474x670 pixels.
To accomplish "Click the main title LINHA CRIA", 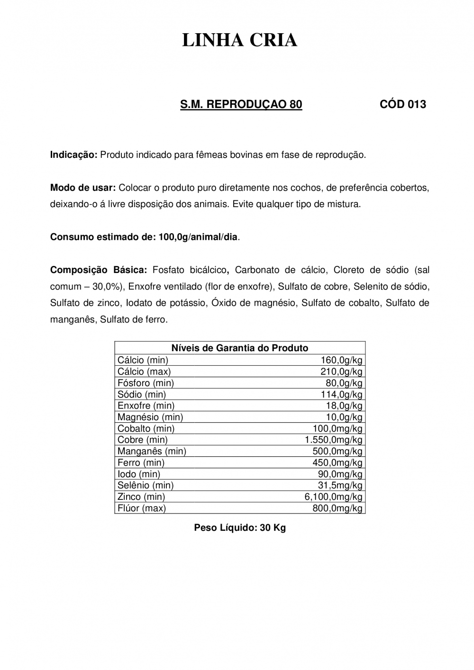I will (239, 41).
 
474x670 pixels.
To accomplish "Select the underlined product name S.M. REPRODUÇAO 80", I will (241, 104).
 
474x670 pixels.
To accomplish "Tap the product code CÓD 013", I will (403, 104).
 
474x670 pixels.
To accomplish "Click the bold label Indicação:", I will (73, 155).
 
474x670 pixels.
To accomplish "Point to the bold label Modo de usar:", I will (83, 188).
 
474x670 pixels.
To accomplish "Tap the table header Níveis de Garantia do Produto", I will (239, 348).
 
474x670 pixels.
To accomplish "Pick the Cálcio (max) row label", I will (144, 371).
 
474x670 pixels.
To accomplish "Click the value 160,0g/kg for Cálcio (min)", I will (341, 360).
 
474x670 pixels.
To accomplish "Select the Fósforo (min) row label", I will (146, 383).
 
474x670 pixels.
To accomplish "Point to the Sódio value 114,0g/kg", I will (341, 394).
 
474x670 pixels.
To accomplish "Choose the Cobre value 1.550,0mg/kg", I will (333, 440).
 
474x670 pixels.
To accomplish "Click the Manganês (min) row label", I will (152, 451).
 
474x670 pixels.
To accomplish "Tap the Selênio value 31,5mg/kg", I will (340, 485).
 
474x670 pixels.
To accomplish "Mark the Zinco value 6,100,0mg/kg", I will (333, 497).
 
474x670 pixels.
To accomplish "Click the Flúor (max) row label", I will (142, 508).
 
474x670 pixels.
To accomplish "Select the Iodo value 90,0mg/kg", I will (340, 474).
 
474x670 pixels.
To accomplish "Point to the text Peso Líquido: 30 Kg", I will (240, 527).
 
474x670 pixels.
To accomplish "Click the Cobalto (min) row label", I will (146, 428).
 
